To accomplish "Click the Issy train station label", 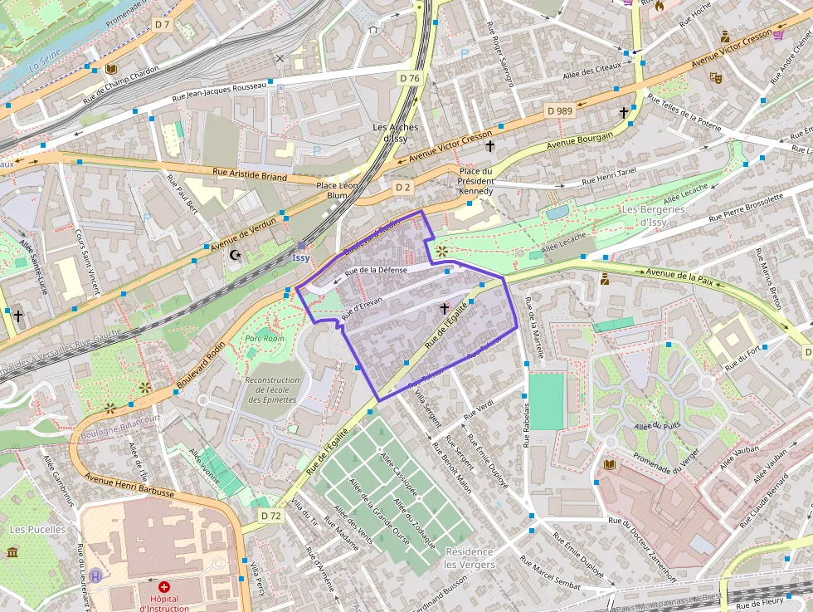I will [301, 257].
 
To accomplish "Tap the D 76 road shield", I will [409, 78].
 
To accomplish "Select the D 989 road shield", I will [560, 110].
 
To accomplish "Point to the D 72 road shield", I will [270, 516].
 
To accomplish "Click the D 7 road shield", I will [162, 25].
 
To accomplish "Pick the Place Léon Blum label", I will [337, 190].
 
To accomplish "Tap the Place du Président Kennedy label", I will [476, 181].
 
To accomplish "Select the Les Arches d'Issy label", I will [396, 133].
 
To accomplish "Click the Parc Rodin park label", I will [265, 338].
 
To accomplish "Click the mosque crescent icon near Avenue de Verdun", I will [235, 254].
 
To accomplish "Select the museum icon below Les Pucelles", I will [12, 552].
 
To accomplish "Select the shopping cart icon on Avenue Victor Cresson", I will [778, 34].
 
